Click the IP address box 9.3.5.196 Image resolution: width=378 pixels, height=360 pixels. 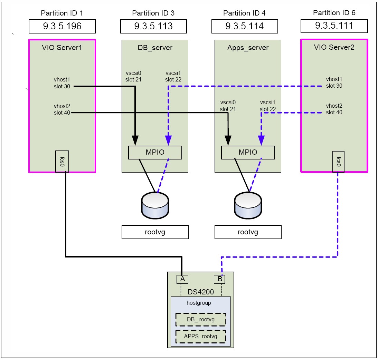pos(62,26)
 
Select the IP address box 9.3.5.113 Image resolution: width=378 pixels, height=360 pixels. pos(153,26)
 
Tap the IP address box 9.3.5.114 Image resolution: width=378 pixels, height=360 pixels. pos(245,26)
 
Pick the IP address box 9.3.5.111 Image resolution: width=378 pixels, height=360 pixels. pos(334,26)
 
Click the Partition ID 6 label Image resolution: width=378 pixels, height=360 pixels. pos(334,13)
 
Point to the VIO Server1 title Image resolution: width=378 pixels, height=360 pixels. pos(62,48)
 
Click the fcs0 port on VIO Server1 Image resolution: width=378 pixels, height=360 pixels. pos(62,161)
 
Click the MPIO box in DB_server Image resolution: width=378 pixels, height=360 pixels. pos(155,152)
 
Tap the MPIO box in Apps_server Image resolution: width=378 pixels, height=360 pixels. pos(248,152)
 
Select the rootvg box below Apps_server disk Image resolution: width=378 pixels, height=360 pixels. pos(248,232)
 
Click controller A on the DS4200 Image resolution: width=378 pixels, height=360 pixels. pos(182,279)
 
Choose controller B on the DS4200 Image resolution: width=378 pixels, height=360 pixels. pos(219,279)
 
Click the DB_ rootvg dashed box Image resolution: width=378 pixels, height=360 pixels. pos(201,319)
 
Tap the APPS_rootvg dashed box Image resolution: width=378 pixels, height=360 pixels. pos(201,336)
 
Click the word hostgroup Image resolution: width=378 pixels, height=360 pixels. pos(199,303)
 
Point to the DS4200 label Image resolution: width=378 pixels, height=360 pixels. pos(201,292)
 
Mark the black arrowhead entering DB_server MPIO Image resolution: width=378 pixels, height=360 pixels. pos(135,139)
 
